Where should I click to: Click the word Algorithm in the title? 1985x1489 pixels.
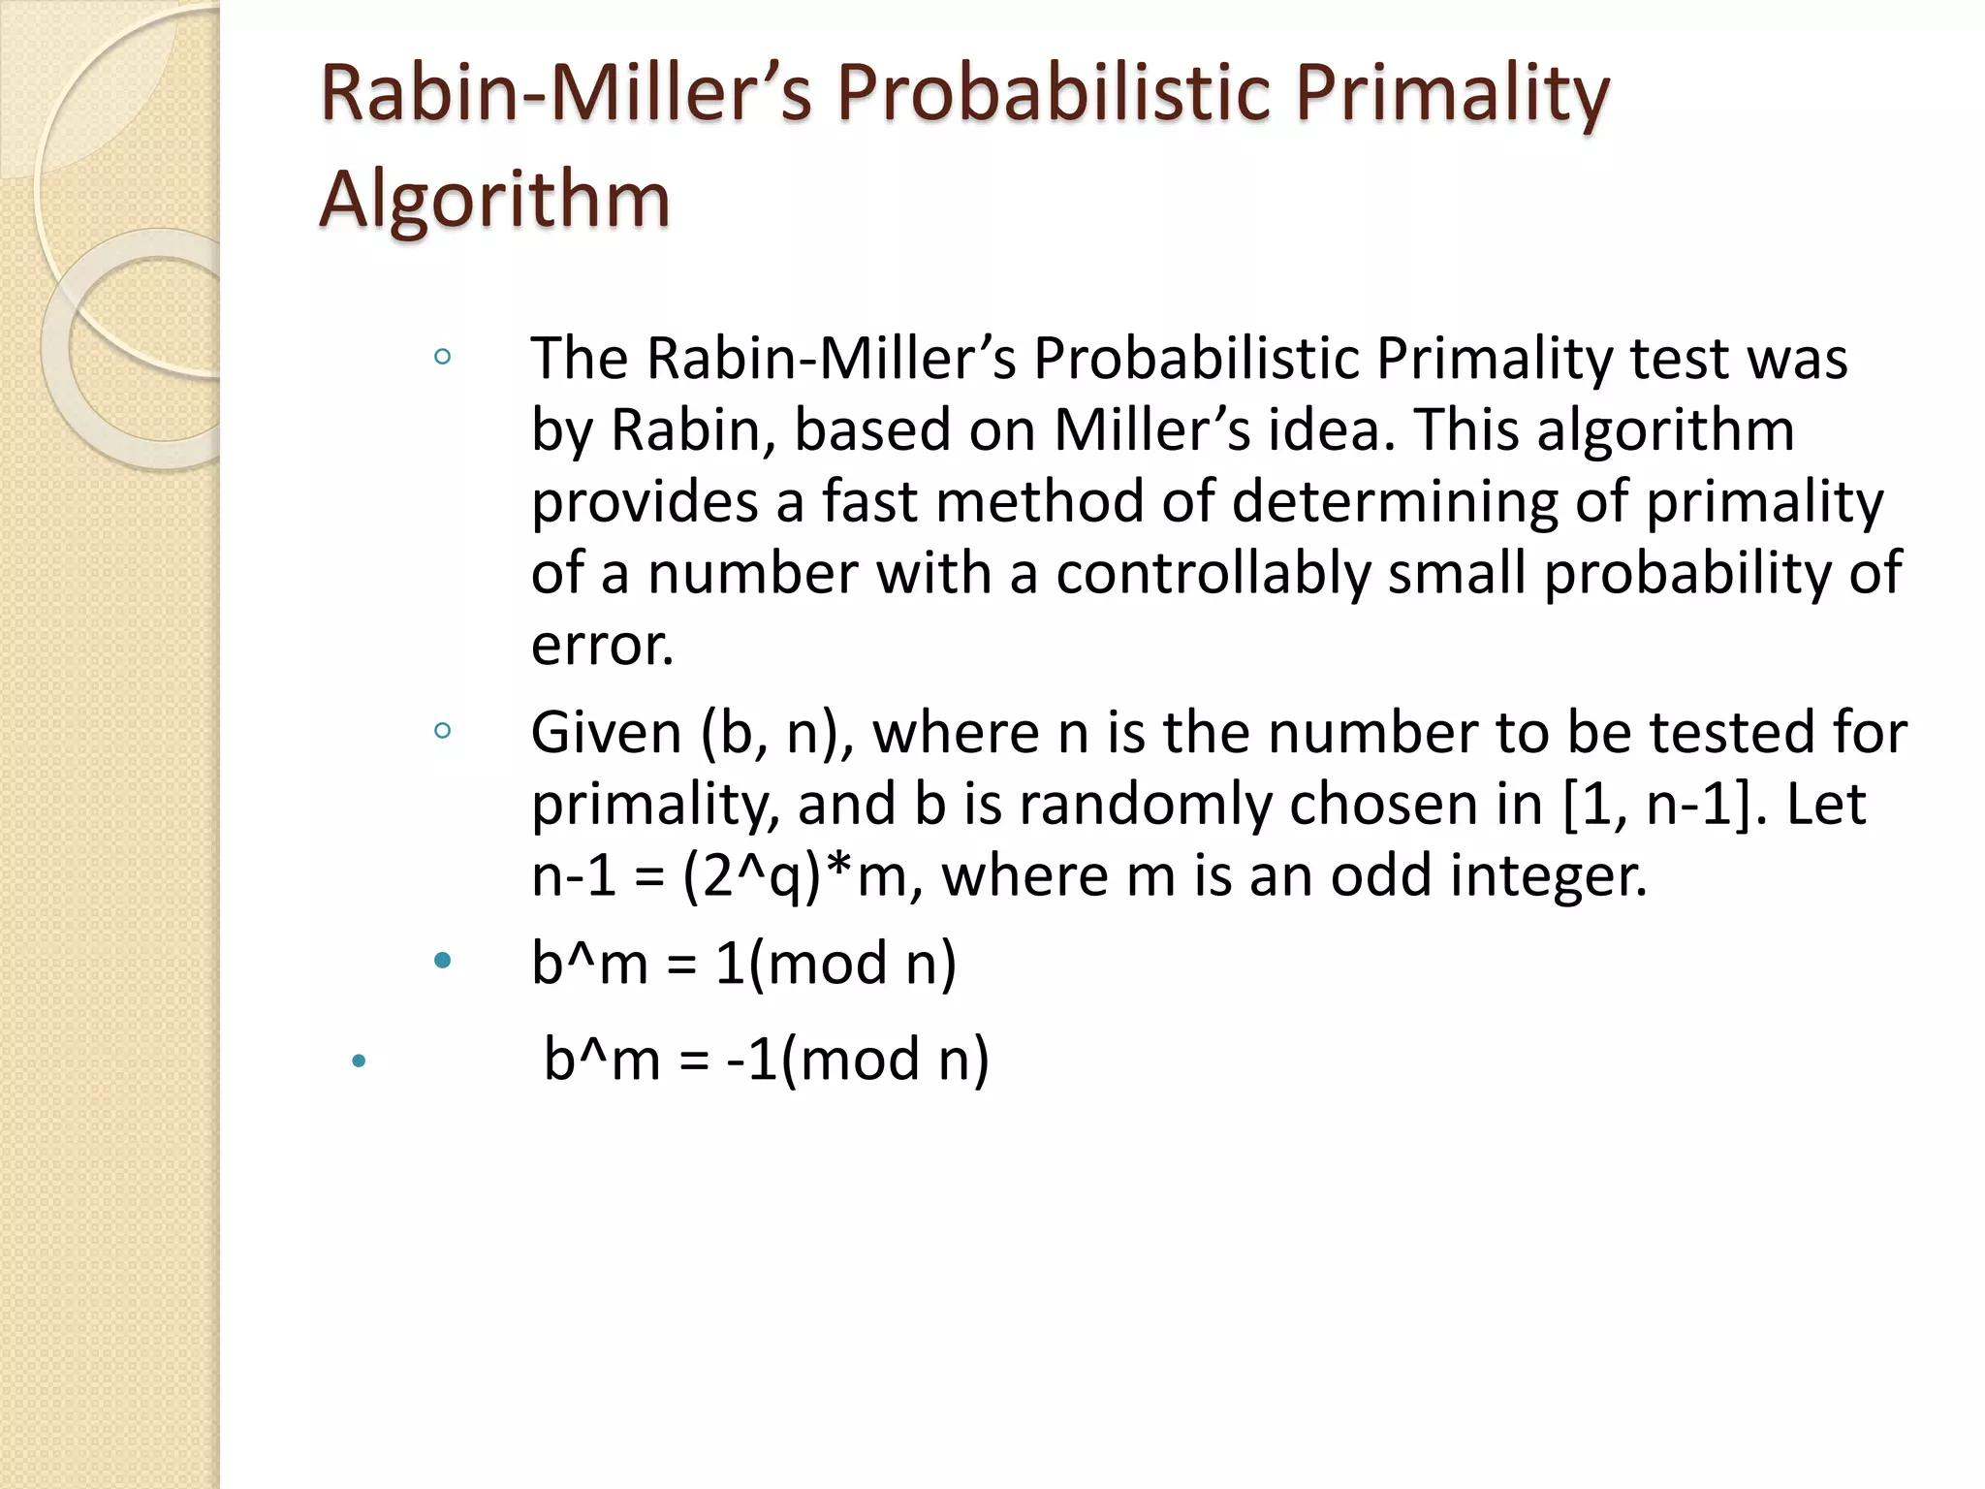494,200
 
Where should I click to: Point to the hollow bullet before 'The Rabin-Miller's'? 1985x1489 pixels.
443,357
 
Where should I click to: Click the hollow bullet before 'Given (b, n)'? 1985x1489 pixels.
443,731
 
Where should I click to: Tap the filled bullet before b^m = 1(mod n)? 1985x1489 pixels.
443,961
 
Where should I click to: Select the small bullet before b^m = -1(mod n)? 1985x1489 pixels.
359,1061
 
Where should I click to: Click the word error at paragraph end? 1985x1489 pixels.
602,645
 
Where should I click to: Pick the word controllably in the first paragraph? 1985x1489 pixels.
1212,573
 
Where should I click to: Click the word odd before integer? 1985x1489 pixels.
1380,875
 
